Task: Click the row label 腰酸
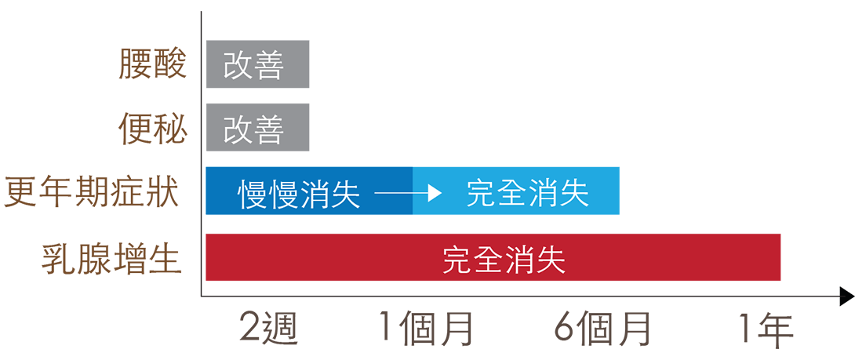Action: coord(153,64)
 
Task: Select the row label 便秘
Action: coord(153,128)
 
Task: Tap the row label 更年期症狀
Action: coord(93,191)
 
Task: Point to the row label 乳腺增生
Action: coord(112,258)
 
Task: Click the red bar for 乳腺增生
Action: coord(667,257)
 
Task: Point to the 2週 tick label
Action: coord(269,329)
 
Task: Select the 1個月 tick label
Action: coord(426,329)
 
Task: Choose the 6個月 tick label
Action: coord(602,329)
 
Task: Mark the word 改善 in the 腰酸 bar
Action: coord(253,65)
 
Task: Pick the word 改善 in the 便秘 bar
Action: coord(253,128)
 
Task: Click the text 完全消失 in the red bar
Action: coord(504,259)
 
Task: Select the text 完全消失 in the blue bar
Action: coord(527,193)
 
